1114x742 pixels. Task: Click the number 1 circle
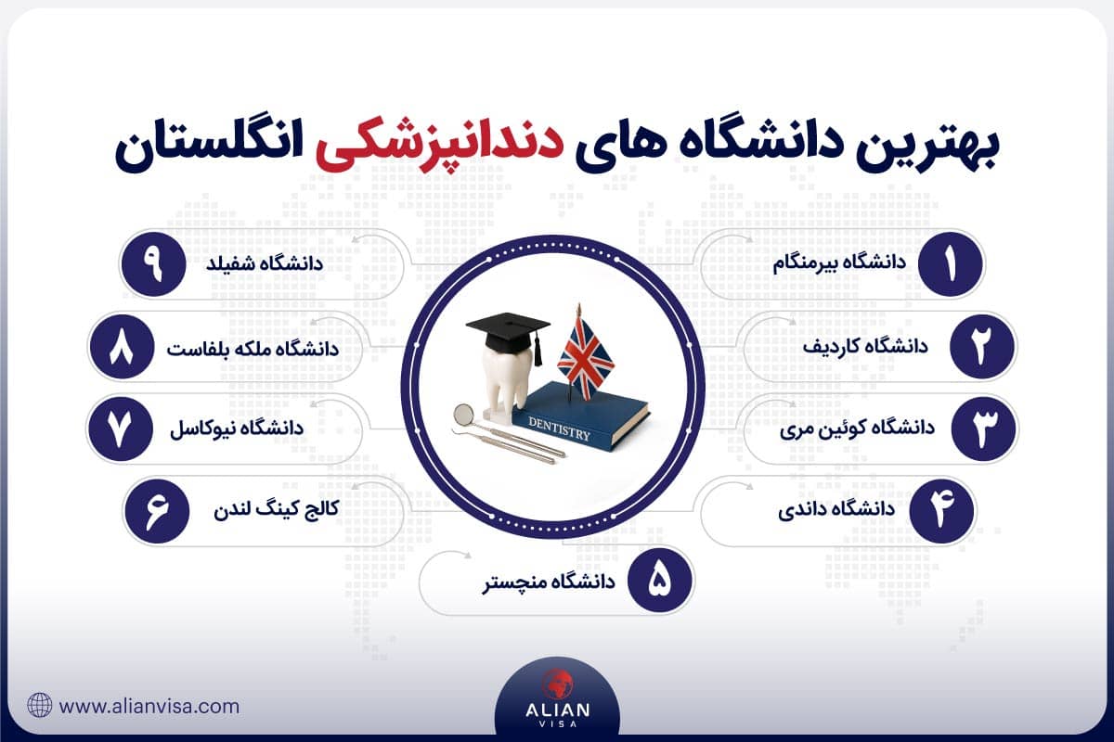(x=950, y=264)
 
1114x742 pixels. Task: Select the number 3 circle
(x=985, y=429)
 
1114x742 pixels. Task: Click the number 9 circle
(x=153, y=264)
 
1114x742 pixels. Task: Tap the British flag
(x=580, y=353)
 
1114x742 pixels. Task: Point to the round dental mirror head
(x=462, y=414)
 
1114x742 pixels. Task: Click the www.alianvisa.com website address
(x=149, y=706)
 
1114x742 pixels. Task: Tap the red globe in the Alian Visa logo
(x=557, y=681)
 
